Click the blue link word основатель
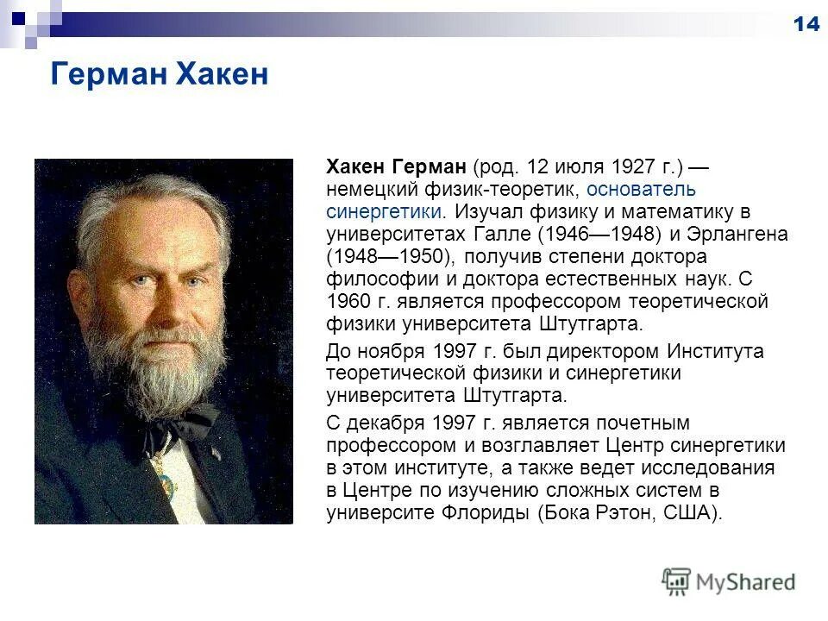[x=641, y=188]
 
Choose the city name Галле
[x=501, y=234]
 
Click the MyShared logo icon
[x=676, y=580]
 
